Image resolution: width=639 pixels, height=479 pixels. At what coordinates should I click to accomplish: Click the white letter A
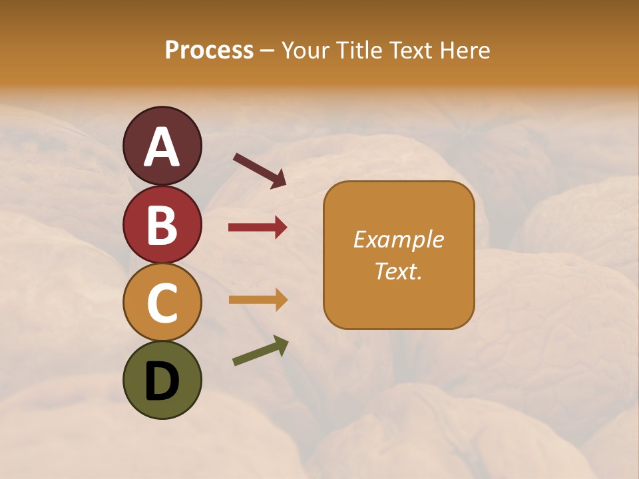[162, 148]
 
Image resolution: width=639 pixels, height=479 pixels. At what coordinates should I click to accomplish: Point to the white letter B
[162, 226]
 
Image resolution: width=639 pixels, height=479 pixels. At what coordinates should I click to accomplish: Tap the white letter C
[162, 303]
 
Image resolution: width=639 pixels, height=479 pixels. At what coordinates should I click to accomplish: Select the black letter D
[162, 382]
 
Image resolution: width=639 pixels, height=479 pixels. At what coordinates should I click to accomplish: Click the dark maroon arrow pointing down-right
[260, 170]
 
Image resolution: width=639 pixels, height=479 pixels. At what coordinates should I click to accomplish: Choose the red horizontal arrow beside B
[258, 228]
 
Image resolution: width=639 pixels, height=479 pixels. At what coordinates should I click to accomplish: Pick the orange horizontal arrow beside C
[258, 300]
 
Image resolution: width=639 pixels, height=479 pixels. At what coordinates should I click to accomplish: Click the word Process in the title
[209, 51]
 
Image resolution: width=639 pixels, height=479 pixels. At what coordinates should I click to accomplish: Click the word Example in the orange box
[399, 240]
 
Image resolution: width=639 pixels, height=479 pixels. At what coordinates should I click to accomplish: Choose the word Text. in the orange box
[399, 271]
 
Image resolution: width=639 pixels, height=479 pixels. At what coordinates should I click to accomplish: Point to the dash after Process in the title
[267, 51]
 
